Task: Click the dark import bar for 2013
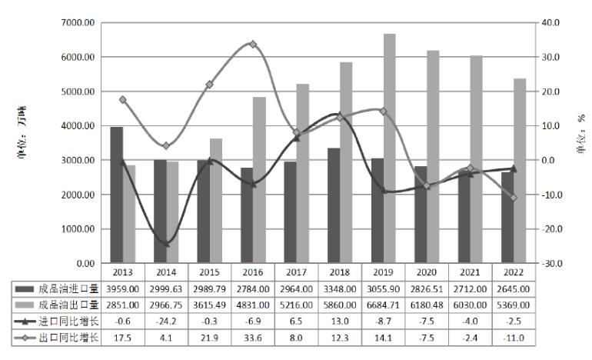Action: [117, 195]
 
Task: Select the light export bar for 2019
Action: [390, 148]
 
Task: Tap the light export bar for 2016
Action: [259, 180]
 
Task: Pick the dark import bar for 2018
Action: [334, 205]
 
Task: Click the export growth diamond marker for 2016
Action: [253, 45]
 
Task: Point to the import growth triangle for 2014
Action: [166, 243]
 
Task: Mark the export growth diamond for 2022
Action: [514, 198]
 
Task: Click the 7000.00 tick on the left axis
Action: [78, 22]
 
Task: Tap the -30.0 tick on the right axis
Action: [551, 263]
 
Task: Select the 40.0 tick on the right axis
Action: [550, 22]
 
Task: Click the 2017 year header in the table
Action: [296, 272]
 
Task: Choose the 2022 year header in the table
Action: [514, 272]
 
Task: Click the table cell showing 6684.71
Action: [383, 305]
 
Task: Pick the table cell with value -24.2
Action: [166, 322]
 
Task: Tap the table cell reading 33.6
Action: [253, 338]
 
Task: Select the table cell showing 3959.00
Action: [123, 289]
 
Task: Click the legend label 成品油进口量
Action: [68, 289]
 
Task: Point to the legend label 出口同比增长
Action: [68, 338]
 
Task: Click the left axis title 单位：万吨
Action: [22, 132]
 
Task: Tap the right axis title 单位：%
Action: [580, 133]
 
